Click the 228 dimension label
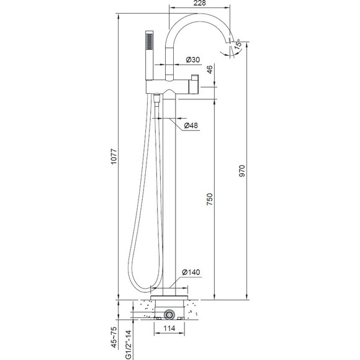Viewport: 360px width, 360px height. click(x=199, y=3)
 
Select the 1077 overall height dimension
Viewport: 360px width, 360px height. click(x=114, y=156)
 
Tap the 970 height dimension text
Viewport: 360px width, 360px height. click(x=242, y=171)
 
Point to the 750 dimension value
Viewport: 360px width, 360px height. click(x=210, y=199)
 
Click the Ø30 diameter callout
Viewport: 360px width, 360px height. click(x=193, y=60)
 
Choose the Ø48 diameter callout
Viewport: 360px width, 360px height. click(x=191, y=125)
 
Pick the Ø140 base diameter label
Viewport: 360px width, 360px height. click(x=191, y=272)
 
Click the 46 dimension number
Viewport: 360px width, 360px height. click(x=210, y=70)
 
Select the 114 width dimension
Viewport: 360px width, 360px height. click(x=169, y=328)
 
